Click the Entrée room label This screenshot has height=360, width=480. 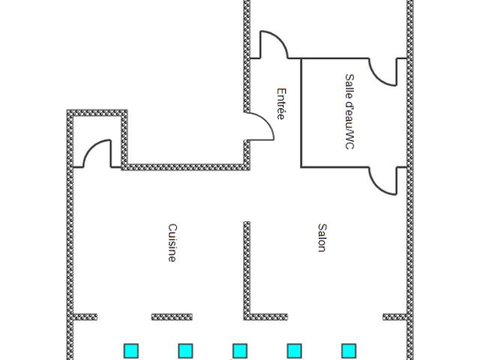[281, 103]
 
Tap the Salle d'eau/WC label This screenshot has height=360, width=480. [349, 112]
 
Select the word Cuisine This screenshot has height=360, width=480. [172, 243]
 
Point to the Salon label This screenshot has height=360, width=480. [322, 238]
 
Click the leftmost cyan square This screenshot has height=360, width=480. [131, 351]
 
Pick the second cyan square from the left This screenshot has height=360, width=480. [185, 351]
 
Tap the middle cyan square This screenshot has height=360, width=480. [240, 351]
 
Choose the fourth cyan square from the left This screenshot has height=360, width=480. [295, 351]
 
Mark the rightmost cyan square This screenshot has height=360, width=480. [349, 351]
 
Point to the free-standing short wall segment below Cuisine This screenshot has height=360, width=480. [172, 316]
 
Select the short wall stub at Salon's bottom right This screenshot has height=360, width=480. [395, 316]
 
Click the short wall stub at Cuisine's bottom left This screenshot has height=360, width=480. [85, 316]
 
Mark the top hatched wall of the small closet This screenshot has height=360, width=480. [97, 112]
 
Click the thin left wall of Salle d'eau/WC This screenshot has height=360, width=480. [301, 112]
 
